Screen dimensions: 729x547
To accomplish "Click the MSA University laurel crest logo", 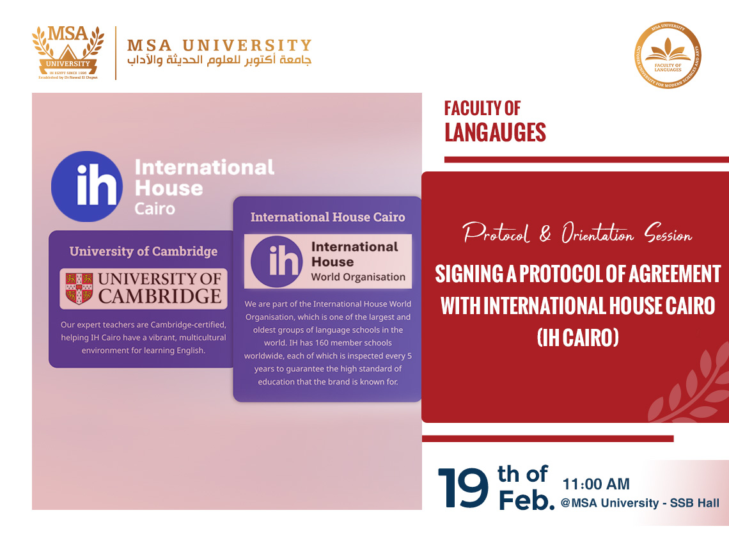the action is (68, 52).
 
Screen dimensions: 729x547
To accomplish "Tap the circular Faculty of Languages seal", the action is (668, 56).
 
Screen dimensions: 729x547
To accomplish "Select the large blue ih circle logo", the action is (87, 186).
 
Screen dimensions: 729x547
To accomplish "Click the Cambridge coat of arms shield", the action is (79, 289).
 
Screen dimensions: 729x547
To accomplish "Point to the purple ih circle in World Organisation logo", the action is (277, 262).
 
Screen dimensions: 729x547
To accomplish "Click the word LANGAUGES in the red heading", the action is (495, 132).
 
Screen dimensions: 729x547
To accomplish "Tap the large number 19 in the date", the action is (463, 488).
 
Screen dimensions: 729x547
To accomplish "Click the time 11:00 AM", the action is (596, 484).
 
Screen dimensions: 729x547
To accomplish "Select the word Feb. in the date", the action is (527, 501).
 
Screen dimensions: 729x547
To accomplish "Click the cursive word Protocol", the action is (496, 233).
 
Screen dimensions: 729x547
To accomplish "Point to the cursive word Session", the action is (668, 233).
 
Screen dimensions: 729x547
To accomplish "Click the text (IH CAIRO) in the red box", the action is (578, 338).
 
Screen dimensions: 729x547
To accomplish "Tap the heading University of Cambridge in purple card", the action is (144, 251).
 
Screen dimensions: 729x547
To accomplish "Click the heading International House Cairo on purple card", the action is (328, 218).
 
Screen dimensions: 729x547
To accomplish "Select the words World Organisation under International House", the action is (358, 277).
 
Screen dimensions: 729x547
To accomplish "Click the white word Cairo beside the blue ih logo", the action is (155, 209).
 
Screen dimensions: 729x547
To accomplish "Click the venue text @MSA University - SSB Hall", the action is (640, 503).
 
